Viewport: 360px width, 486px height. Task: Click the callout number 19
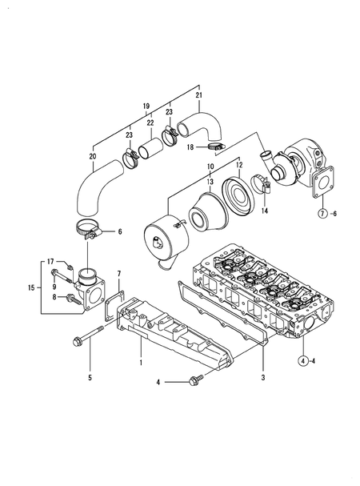[146, 106]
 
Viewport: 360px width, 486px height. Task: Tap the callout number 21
[199, 95]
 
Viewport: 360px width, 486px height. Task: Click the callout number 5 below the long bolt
[90, 377]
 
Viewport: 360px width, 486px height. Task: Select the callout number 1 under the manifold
[141, 362]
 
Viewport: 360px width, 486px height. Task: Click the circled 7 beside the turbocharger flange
[322, 214]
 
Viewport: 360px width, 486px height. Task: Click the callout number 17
[50, 261]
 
